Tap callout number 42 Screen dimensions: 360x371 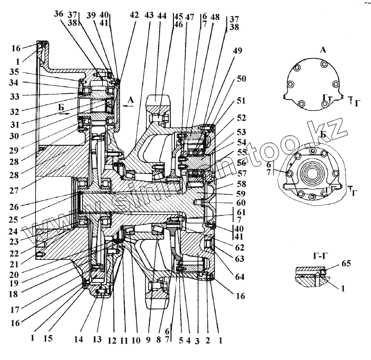coord(134,15)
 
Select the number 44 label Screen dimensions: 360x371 coord(162,16)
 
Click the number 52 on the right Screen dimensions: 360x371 coord(241,118)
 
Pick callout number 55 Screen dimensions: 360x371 coord(242,153)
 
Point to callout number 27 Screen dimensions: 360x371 coord(15,175)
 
